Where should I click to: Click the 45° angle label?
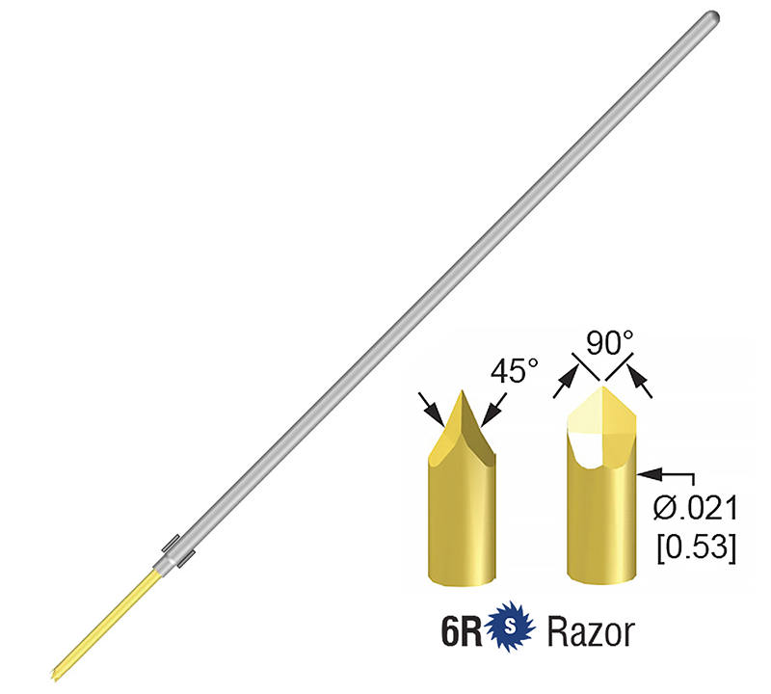point(512,371)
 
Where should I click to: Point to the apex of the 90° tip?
point(603,387)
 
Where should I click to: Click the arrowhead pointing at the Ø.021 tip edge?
point(647,473)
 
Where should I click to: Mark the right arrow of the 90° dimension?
point(643,387)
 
